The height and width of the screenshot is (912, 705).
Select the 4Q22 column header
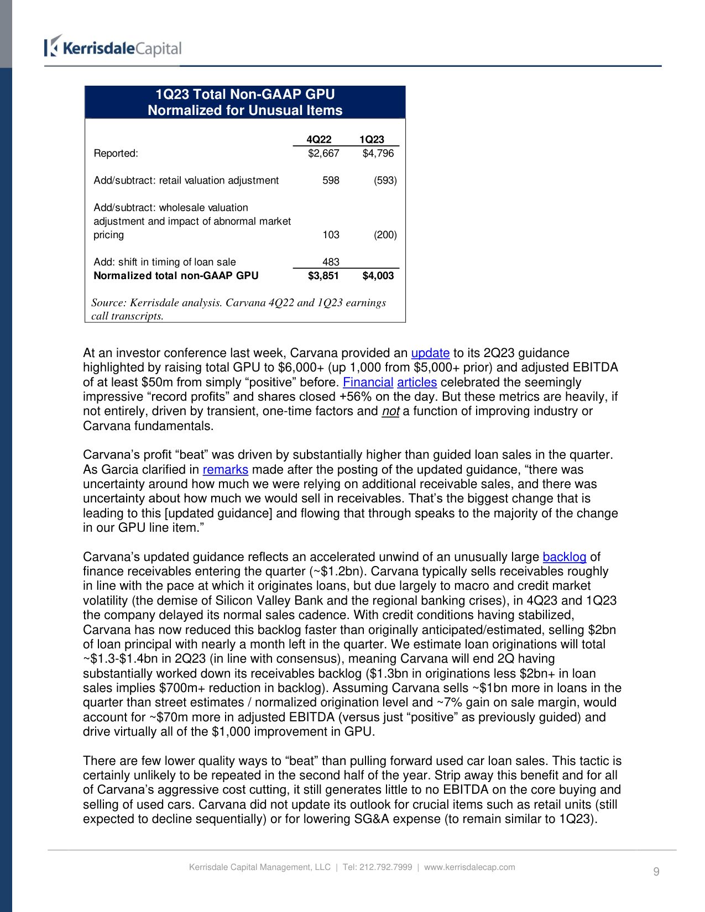(x=318, y=139)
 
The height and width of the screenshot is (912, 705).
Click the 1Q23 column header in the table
(x=372, y=139)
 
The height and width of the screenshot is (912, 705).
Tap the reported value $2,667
(x=323, y=153)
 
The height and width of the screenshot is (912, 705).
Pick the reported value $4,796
(x=378, y=153)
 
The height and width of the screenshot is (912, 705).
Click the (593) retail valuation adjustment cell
(x=385, y=180)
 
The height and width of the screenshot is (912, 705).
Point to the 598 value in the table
(x=331, y=180)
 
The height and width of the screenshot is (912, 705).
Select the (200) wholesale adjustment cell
(x=385, y=234)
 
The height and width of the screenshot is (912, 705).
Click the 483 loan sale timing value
(x=331, y=262)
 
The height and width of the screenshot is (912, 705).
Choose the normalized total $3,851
(x=323, y=275)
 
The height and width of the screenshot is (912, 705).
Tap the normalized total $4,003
(x=378, y=275)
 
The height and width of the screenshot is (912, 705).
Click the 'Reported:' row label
(x=116, y=153)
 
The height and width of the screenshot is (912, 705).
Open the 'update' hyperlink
(x=430, y=353)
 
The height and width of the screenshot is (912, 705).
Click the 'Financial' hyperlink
(x=368, y=382)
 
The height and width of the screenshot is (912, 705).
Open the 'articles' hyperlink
(x=417, y=382)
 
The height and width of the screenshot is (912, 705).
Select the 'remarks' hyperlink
(x=225, y=469)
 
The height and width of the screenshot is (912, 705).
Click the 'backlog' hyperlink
(x=564, y=557)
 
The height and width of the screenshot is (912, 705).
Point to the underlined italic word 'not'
(x=390, y=411)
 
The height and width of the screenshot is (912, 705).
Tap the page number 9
(x=656, y=872)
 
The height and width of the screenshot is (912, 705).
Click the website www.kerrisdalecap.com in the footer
(x=469, y=867)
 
